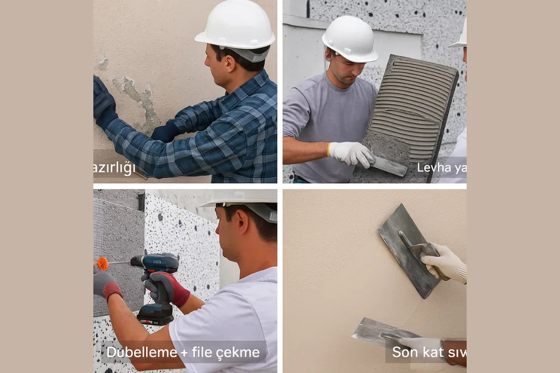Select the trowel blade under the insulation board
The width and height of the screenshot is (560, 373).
point(389,165)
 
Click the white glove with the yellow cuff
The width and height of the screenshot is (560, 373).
point(351,153)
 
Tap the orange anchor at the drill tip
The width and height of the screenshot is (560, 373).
point(103,263)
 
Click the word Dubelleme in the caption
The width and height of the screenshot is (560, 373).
point(142,353)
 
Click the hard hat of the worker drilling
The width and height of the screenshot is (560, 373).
point(244,199)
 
